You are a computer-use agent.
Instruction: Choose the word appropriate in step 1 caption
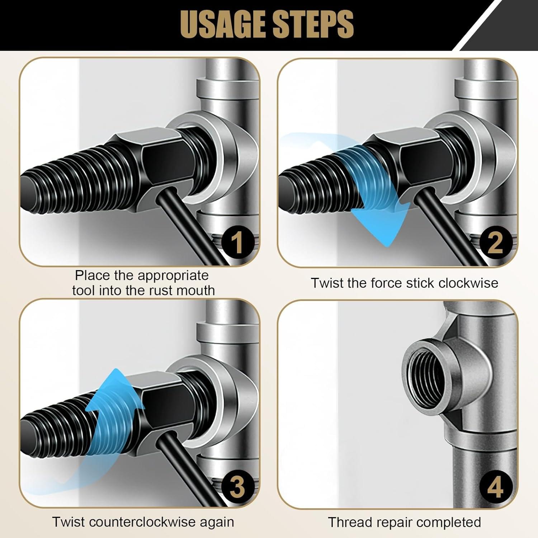pos(173,275)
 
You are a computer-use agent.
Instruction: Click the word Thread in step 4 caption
pos(348,522)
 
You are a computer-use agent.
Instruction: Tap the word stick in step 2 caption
pos(420,283)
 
